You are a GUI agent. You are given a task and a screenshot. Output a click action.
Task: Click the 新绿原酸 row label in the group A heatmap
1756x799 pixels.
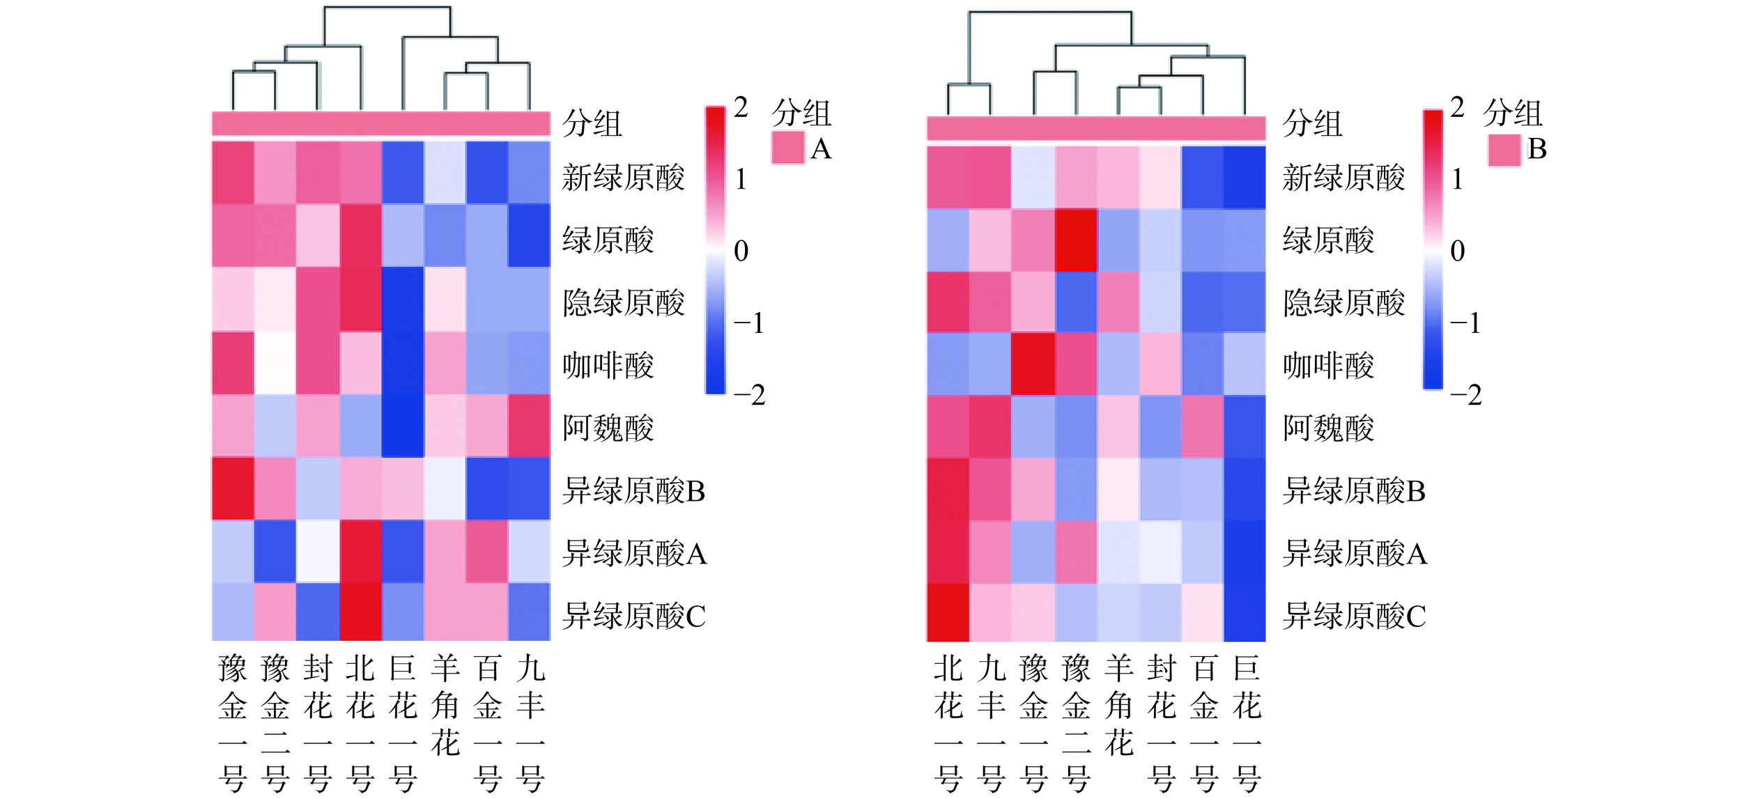(624, 178)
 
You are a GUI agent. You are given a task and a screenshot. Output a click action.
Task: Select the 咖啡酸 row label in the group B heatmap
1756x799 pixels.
(1328, 366)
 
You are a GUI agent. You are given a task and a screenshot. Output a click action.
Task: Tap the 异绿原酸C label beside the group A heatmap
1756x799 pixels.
(634, 616)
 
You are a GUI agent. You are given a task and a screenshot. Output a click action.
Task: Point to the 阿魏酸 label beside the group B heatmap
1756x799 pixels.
(1328, 428)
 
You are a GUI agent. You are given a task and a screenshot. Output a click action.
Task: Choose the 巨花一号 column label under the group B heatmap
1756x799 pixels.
(1246, 724)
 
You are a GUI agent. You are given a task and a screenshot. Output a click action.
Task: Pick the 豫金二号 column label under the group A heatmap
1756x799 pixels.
(275, 724)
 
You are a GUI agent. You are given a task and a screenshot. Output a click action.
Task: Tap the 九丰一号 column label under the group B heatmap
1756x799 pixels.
(991, 724)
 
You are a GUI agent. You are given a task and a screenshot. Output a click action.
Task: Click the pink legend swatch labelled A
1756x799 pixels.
(788, 148)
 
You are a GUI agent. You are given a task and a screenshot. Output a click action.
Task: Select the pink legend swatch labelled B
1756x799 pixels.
(1504, 150)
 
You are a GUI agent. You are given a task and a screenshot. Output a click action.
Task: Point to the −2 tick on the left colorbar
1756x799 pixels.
(749, 395)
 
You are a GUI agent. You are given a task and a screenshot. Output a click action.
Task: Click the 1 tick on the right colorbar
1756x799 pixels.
(1457, 180)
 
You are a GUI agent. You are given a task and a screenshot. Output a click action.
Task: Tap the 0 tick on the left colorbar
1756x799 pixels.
(741, 251)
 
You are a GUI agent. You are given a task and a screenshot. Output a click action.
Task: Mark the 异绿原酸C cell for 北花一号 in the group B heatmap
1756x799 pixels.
(948, 612)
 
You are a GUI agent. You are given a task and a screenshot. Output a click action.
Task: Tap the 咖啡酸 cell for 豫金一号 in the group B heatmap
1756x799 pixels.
(1033, 364)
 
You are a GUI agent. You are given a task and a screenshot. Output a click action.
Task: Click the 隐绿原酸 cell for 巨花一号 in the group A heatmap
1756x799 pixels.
(403, 300)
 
